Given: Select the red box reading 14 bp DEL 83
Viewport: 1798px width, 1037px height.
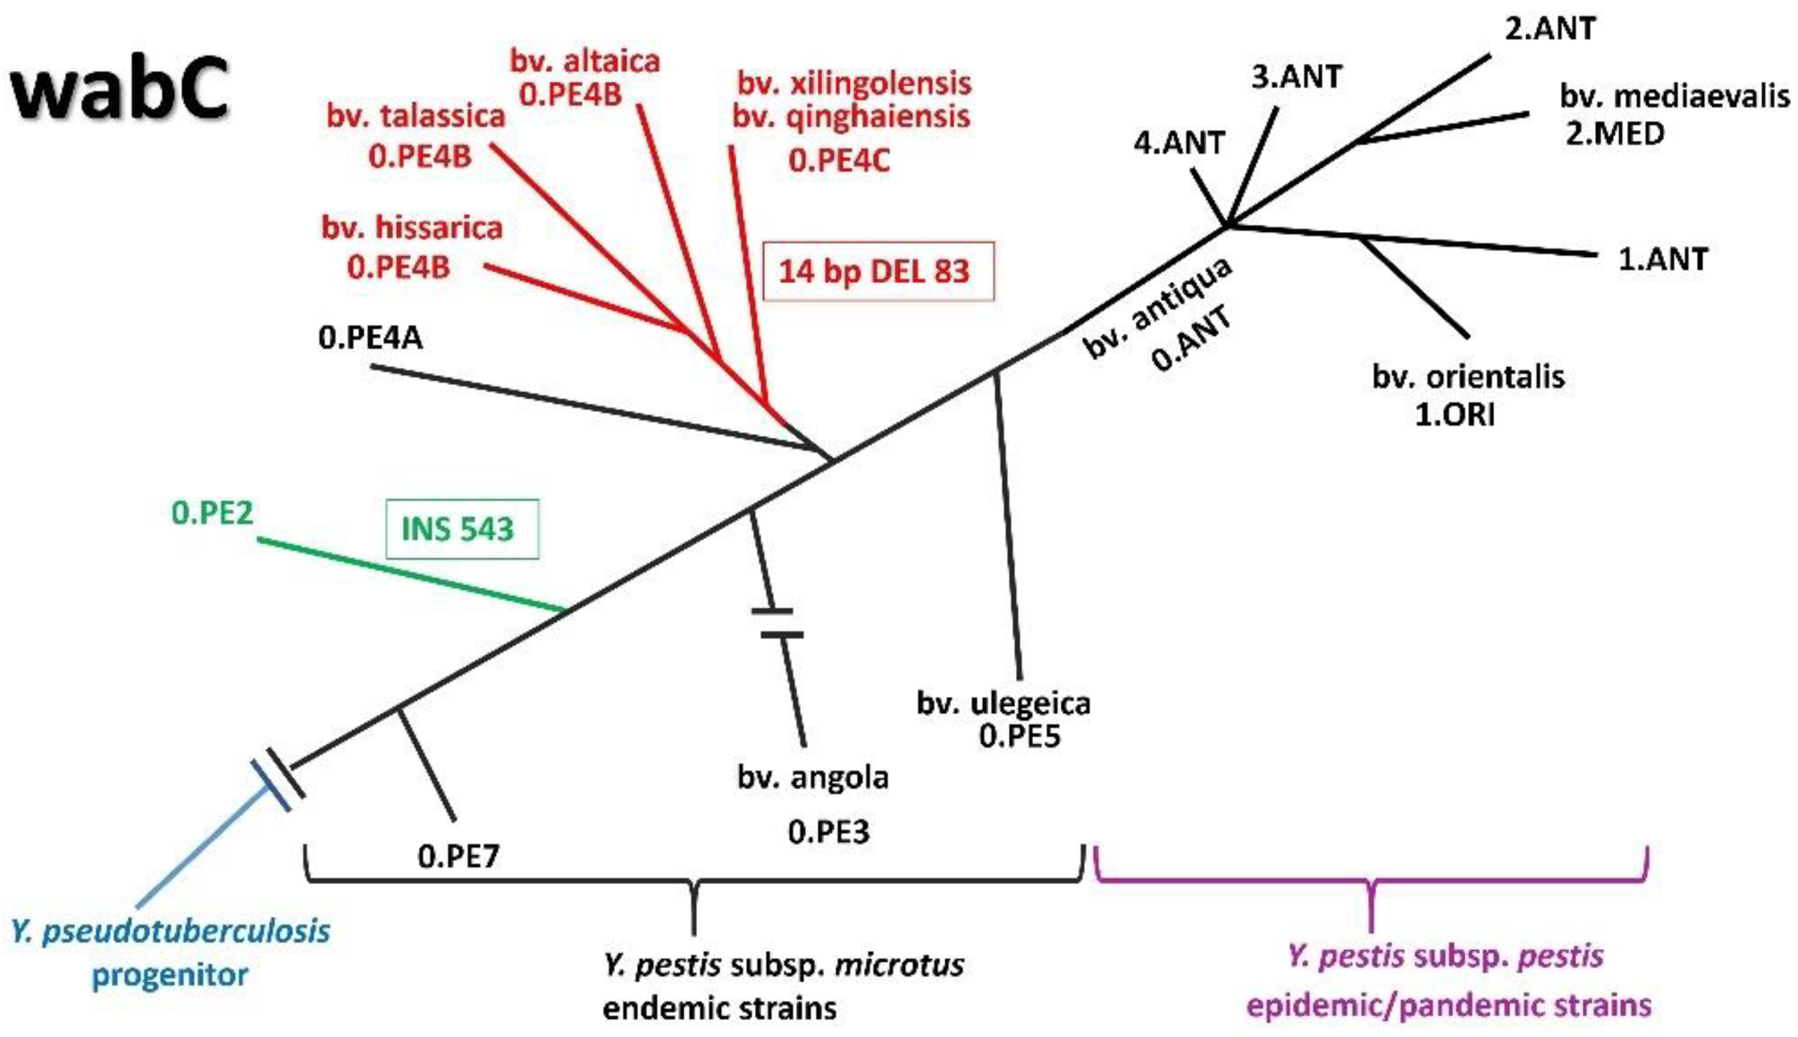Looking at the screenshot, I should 877,272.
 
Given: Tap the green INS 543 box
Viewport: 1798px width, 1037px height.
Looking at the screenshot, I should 461,529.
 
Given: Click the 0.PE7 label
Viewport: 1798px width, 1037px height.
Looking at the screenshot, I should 459,856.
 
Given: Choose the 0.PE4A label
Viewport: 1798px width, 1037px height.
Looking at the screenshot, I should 370,338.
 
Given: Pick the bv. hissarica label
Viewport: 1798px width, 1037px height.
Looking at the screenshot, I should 411,228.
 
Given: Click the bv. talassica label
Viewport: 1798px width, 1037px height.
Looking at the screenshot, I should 416,116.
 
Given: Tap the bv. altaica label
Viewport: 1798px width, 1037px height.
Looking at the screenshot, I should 586,62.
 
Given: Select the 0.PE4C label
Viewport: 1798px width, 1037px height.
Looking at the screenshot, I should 839,161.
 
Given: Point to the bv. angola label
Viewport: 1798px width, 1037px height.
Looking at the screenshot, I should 813,777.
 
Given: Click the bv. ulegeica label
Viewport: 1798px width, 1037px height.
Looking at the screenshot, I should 1003,704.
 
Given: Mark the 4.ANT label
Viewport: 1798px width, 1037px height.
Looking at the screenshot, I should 1178,144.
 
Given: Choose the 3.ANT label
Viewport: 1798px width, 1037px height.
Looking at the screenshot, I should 1296,77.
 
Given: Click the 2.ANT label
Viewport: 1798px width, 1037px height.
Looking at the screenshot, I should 1550,29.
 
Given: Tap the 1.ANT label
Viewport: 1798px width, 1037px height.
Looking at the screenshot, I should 1663,259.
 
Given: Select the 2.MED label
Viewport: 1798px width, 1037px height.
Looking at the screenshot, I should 1613,134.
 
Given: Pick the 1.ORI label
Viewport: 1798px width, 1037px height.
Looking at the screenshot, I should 1454,415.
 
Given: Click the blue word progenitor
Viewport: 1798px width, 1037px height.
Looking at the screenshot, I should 170,975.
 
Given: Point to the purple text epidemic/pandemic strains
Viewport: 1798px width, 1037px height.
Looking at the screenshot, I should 1449,1005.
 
